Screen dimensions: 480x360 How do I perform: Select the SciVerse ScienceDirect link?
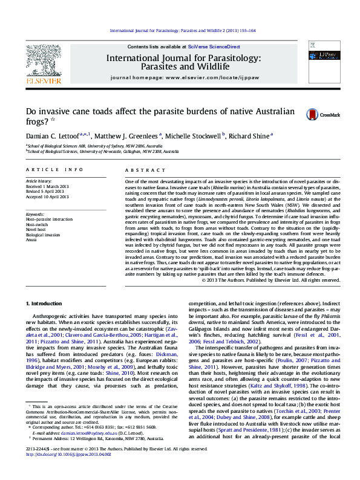[214, 47]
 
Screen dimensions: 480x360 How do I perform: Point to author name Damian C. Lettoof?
[53, 136]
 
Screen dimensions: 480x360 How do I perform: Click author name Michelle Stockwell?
[196, 136]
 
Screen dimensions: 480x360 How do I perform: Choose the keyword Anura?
[31, 239]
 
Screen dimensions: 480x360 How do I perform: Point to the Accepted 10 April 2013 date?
[47, 196]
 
